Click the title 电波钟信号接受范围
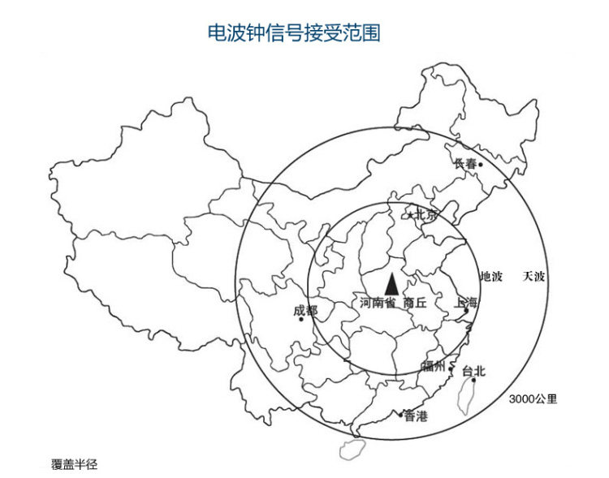click(x=295, y=32)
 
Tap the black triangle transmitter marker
click(x=391, y=283)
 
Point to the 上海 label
click(x=468, y=302)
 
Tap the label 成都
click(x=306, y=311)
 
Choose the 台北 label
click(x=473, y=371)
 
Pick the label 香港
click(x=415, y=416)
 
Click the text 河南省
click(x=378, y=303)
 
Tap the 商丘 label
click(x=414, y=303)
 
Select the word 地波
click(x=491, y=276)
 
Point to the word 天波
click(x=533, y=276)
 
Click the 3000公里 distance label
click(x=533, y=398)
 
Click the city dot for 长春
click(x=480, y=165)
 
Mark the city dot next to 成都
click(x=300, y=319)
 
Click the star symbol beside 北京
click(x=410, y=215)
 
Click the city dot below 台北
click(x=473, y=380)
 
